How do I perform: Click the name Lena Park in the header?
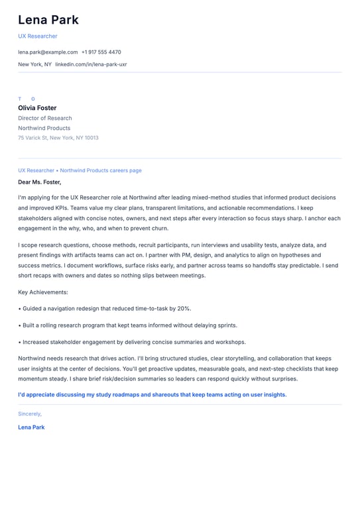click(x=48, y=20)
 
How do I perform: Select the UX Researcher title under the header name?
click(x=38, y=36)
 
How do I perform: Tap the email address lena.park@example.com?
click(x=48, y=52)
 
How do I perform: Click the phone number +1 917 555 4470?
click(x=101, y=52)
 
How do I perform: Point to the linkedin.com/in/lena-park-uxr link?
click(x=91, y=64)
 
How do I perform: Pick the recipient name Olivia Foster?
click(x=37, y=108)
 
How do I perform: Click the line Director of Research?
click(x=45, y=118)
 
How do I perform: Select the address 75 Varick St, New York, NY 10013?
click(x=58, y=138)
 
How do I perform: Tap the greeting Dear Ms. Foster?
click(x=40, y=182)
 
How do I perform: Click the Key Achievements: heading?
click(x=43, y=292)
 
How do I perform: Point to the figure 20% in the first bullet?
click(x=184, y=308)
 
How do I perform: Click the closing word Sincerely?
click(x=30, y=414)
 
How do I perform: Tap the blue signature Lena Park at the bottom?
click(x=31, y=427)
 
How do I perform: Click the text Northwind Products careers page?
click(x=101, y=170)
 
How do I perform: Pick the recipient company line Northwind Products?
click(x=44, y=128)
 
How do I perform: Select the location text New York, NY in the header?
click(x=34, y=64)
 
